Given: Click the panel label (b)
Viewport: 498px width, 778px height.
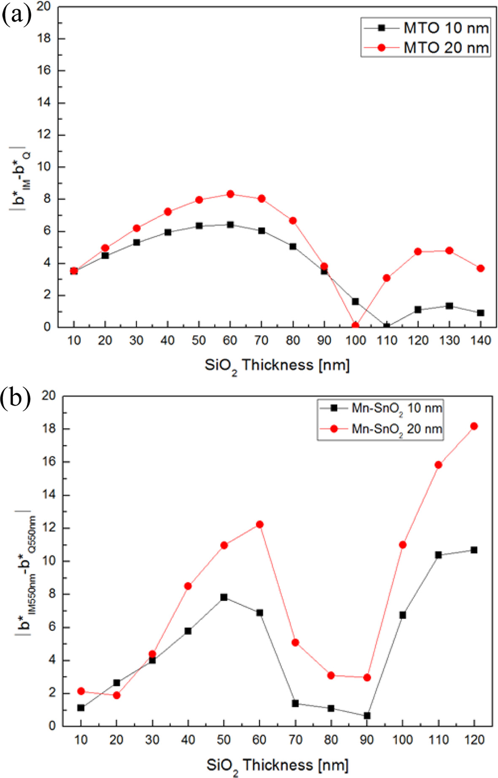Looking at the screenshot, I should (x=16, y=398).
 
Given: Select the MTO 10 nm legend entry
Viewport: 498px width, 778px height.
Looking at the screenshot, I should (x=426, y=28).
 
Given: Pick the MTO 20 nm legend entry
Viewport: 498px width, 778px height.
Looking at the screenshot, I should (x=426, y=47).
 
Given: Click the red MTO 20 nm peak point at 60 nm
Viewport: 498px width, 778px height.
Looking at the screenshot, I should (x=230, y=194).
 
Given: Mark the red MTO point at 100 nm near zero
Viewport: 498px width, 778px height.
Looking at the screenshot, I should (x=355, y=325).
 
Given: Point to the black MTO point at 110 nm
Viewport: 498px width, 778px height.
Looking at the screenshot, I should (x=386, y=326).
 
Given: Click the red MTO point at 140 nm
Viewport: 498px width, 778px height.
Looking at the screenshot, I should (x=480, y=268).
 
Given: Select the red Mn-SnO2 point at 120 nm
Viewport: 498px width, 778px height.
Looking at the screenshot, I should (x=474, y=427).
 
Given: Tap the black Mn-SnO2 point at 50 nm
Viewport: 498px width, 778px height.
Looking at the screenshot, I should (x=224, y=597).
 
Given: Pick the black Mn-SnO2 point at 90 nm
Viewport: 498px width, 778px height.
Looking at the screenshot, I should (x=367, y=716).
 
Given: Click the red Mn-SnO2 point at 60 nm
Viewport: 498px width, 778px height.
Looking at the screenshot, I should (x=260, y=525).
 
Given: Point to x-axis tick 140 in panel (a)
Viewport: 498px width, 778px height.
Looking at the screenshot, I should (x=480, y=341).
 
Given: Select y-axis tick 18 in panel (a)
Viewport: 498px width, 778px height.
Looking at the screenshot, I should (x=43, y=39).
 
